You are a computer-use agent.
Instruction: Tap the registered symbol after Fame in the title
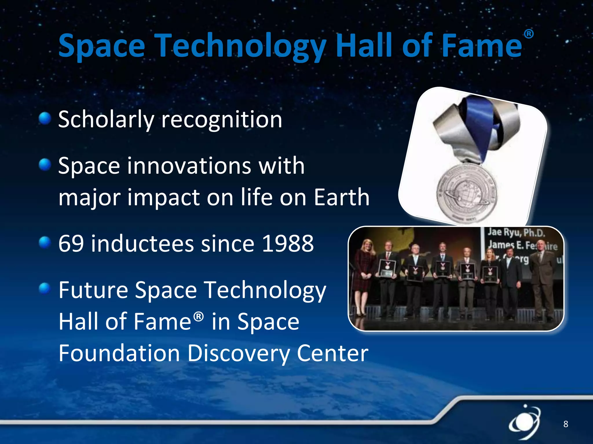(x=528, y=34)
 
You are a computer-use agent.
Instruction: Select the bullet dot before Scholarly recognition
(x=45, y=118)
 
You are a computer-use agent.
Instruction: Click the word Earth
(x=342, y=197)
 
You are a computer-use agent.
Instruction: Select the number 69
(x=71, y=244)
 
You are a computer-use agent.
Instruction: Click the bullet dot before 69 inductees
(x=45, y=243)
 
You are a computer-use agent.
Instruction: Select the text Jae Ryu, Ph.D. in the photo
(x=516, y=233)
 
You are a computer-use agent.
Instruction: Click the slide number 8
(x=565, y=424)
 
